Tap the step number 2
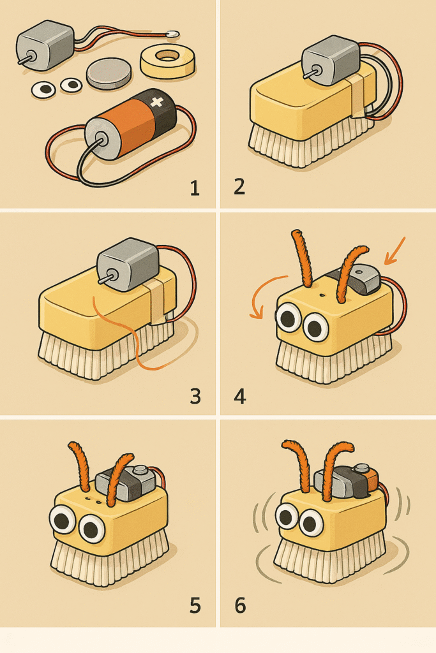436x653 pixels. pyautogui.click(x=239, y=187)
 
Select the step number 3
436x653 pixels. pyautogui.click(x=195, y=396)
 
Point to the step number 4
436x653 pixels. pyautogui.click(x=240, y=396)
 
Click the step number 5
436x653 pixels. pyautogui.click(x=195, y=605)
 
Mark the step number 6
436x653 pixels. pyautogui.click(x=240, y=605)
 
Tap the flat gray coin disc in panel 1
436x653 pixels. pyautogui.click(x=108, y=73)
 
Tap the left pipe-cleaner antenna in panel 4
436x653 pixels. pyautogui.click(x=302, y=259)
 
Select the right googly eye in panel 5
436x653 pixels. pyautogui.click(x=92, y=528)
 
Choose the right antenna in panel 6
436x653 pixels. pyautogui.click(x=333, y=469)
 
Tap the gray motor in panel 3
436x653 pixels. pyautogui.click(x=128, y=263)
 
